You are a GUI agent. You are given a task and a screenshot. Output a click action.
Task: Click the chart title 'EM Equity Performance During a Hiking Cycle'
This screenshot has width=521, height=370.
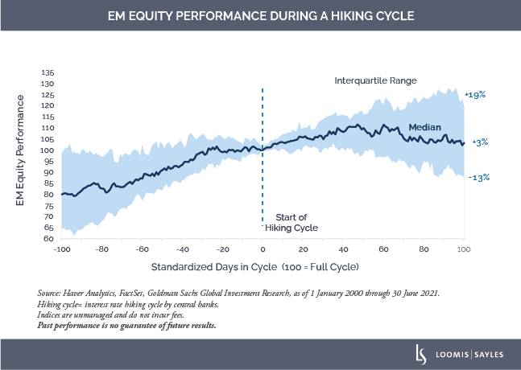(x=260, y=15)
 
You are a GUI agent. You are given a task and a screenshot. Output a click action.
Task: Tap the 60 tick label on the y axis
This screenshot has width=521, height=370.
(x=48, y=239)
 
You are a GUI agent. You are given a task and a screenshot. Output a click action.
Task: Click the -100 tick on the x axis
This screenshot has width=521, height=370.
(x=63, y=249)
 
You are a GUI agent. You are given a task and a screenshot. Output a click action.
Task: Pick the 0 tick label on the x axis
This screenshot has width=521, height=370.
(x=263, y=249)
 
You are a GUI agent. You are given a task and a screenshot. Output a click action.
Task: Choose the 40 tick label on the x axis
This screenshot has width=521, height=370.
(x=343, y=249)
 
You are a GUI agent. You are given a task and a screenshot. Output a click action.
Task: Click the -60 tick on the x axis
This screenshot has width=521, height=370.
(x=143, y=249)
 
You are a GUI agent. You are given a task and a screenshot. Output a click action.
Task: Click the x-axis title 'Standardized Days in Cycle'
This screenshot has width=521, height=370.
(x=213, y=265)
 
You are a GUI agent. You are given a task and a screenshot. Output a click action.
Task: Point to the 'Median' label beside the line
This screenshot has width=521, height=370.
(x=424, y=127)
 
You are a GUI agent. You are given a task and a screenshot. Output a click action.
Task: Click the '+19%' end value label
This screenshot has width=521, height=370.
(x=477, y=95)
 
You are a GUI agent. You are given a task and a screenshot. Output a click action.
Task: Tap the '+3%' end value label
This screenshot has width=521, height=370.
(x=478, y=142)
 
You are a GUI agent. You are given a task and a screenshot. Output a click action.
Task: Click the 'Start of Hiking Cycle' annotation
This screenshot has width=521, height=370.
(x=294, y=222)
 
